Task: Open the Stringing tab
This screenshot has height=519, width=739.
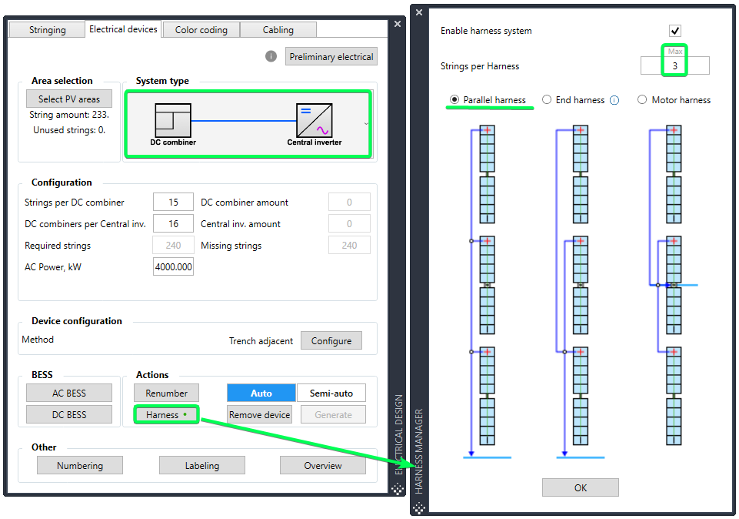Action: point(47,30)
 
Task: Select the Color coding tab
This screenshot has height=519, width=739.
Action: point(201,30)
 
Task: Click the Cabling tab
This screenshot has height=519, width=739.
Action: point(278,30)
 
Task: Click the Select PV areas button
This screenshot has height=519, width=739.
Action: point(69,99)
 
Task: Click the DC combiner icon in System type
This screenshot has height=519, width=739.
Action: point(173,120)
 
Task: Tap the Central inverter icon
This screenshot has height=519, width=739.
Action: point(315,120)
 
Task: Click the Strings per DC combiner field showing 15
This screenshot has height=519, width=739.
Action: point(173,202)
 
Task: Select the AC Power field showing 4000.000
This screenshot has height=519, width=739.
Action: point(173,266)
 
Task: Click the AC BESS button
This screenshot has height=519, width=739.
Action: point(69,393)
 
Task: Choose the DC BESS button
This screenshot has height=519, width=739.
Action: point(69,415)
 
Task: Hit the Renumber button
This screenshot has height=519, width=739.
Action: point(166,393)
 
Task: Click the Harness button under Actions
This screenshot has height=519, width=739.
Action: point(166,415)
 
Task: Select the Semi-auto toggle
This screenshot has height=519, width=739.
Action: point(331,393)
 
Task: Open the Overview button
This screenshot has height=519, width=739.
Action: point(323,466)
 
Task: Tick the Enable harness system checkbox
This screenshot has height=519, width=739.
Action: point(675,31)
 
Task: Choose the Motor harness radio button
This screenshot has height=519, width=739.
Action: point(642,99)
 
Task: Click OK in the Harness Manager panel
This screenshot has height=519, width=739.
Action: point(580,487)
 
